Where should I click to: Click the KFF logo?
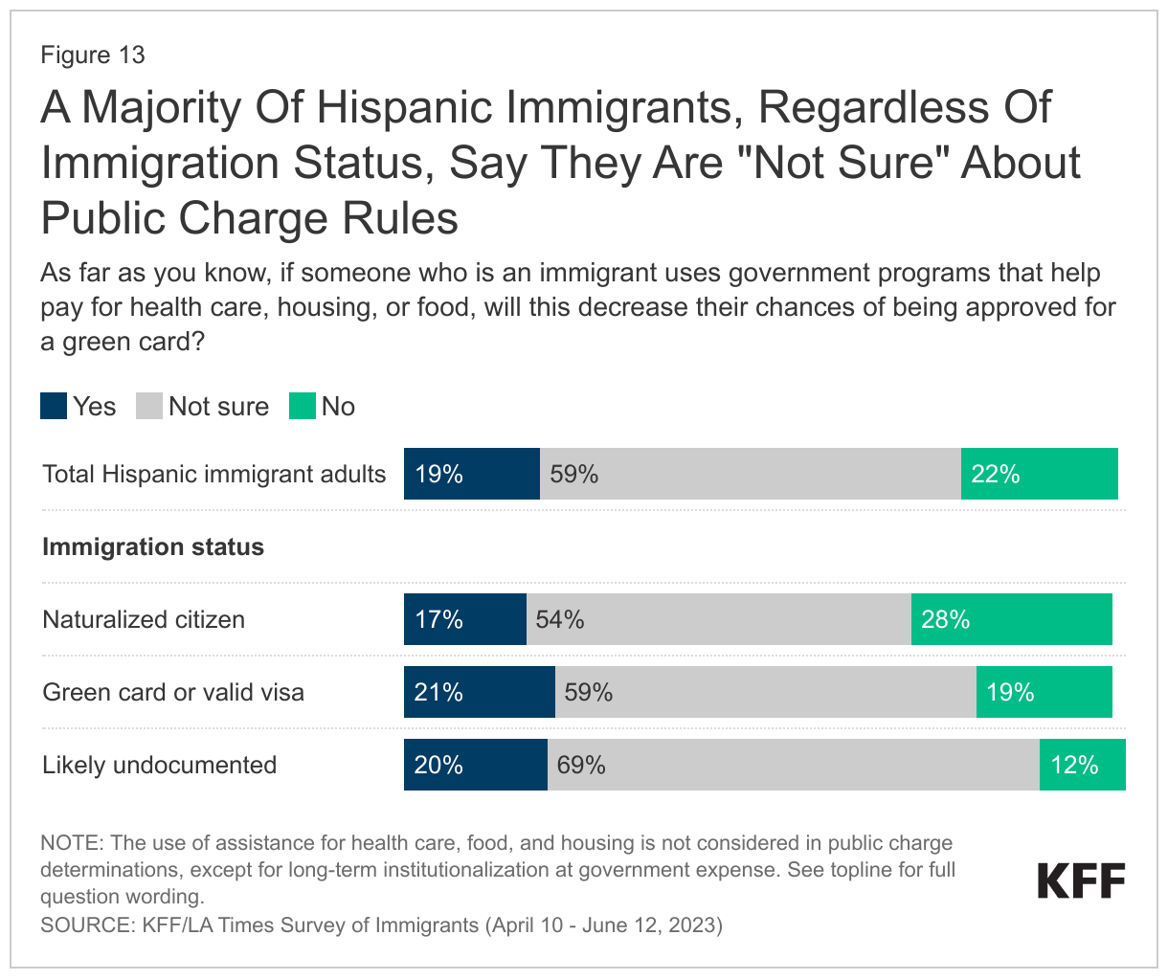1081,880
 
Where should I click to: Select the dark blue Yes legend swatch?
54,407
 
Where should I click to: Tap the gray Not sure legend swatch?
149,407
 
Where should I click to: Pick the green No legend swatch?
303,407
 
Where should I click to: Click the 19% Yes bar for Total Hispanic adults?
472,474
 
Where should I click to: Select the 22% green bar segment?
1039,474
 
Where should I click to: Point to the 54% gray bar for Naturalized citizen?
718,619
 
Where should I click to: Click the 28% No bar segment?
1011,619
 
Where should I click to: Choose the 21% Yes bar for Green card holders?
479,692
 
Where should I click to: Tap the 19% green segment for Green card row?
1044,692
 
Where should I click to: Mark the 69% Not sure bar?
793,765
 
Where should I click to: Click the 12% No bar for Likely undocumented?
1082,765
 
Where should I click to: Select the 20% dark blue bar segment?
475,765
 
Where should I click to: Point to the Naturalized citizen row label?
144,619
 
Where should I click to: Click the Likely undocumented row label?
159,765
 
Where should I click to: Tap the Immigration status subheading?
153,546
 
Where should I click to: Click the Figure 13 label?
92,55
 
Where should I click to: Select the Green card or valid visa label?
173,692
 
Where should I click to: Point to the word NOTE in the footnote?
70,843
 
